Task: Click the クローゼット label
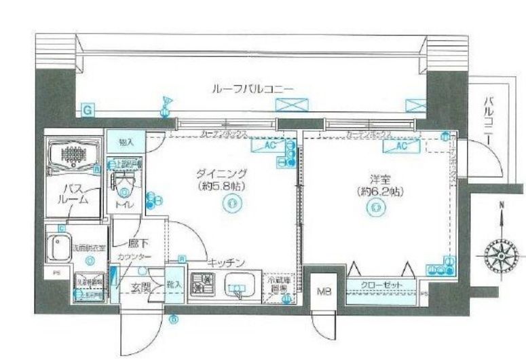pos(380,285)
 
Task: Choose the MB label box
pos(322,293)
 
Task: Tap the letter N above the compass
pos(500,204)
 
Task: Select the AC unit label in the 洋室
pos(399,145)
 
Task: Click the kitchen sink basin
pos(238,285)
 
